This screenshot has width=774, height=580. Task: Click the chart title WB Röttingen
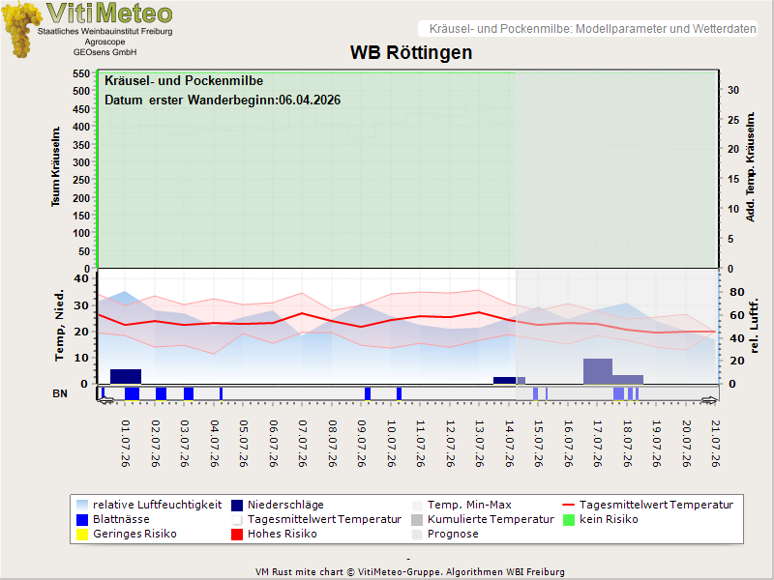pos(411,52)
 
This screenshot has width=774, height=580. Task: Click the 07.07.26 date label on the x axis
pos(302,444)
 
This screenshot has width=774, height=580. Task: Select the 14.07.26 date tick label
pos(510,444)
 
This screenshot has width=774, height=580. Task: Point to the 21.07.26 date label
pos(715,444)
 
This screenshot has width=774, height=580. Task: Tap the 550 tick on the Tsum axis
pos(81,73)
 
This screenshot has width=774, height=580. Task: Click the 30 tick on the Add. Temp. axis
pos(733,90)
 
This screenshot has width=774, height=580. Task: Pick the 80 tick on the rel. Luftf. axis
pos(736,292)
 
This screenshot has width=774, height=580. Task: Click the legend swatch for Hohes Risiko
pos(237,535)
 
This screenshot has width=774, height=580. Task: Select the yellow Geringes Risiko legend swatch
pos(82,535)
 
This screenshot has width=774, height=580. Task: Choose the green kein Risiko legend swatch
pos(569,520)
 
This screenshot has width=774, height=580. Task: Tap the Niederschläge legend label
pos(285,505)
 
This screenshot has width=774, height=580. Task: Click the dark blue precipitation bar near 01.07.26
pos(126,376)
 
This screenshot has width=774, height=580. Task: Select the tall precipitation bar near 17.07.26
pos(598,371)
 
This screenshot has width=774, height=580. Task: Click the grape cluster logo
pos(20,30)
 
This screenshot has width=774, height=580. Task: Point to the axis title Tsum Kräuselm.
pos(56,166)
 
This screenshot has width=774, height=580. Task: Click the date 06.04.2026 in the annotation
pos(310,101)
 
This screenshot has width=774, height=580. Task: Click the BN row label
pos(60,393)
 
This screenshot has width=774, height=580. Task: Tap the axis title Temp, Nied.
pos(59,326)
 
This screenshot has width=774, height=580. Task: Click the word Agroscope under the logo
pos(104,42)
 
